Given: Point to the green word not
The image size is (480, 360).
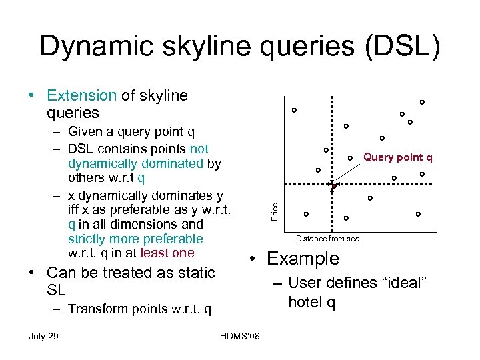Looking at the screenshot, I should [199, 149].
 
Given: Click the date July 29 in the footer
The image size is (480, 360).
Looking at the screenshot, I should [43, 335].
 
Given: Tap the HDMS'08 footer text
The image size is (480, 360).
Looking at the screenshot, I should [240, 335].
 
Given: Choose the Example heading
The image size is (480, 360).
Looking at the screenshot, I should [303, 259].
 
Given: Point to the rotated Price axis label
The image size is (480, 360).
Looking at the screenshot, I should [274, 212].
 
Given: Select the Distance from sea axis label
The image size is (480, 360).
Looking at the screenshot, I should [327, 239].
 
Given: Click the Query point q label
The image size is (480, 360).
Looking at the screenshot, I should [397, 157].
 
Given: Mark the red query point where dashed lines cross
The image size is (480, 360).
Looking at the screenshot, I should [333, 185].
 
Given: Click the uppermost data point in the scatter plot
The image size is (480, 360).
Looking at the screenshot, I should [422, 102].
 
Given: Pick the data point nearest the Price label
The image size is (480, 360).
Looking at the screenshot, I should [306, 214].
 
